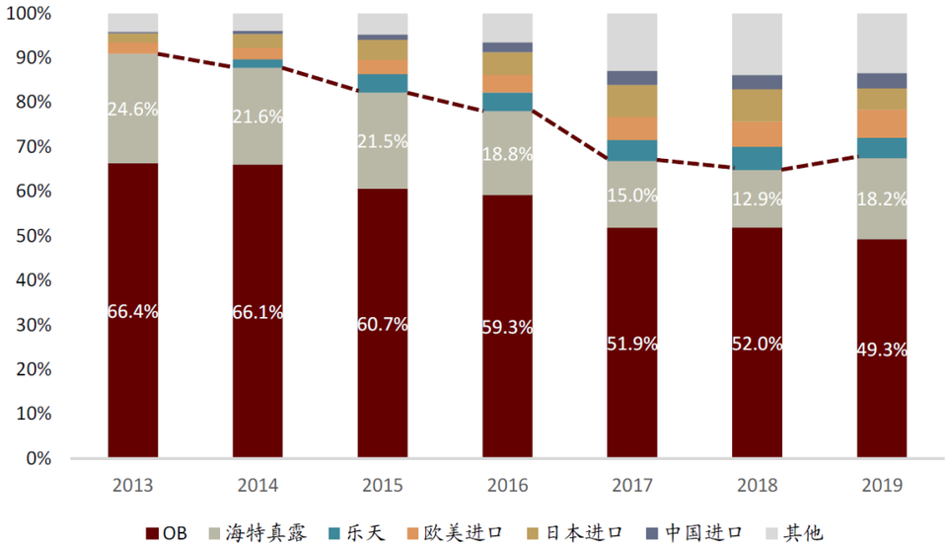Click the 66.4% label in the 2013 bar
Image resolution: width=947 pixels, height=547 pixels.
point(133,311)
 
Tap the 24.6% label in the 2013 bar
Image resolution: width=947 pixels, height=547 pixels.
point(133,110)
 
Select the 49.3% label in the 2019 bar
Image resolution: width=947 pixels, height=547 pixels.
point(882,350)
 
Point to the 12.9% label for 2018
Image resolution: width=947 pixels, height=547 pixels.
point(758,198)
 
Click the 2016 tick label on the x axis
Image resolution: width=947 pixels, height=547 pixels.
point(507,486)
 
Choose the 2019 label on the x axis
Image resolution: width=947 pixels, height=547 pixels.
point(882,486)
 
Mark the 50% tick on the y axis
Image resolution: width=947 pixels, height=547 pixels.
point(34,236)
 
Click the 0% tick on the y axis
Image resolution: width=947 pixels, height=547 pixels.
point(37,459)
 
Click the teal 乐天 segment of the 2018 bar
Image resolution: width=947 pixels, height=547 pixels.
point(758,158)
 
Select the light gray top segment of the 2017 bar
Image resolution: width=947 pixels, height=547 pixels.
point(632,42)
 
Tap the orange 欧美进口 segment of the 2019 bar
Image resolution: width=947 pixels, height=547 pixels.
point(882,123)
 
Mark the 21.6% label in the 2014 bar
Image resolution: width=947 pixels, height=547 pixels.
point(258,117)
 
